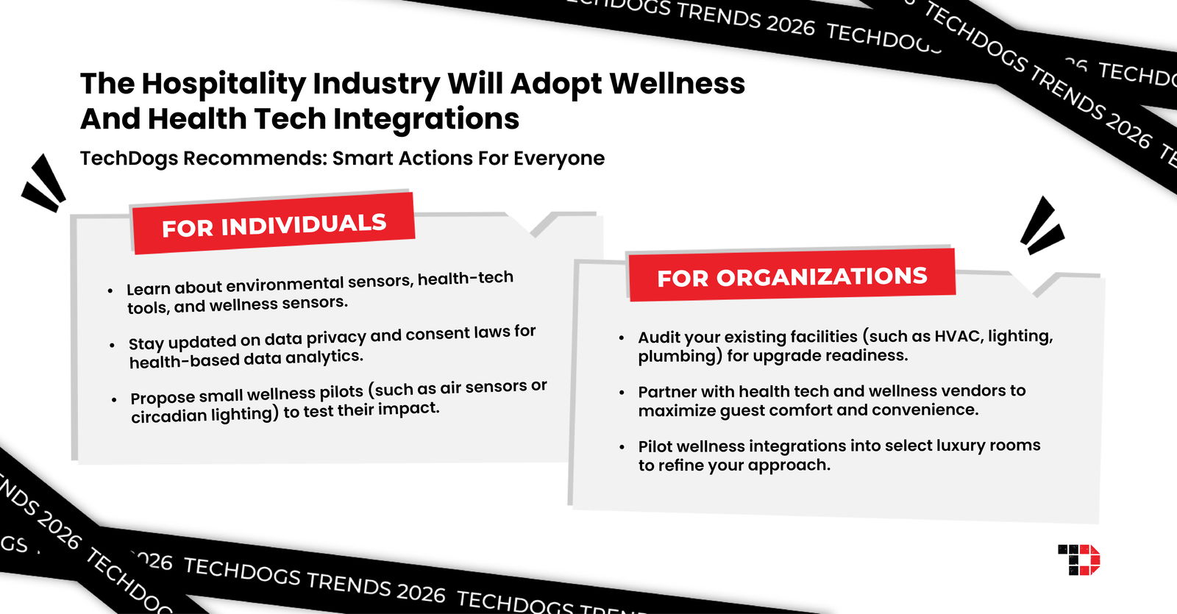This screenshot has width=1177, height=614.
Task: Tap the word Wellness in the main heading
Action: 677,83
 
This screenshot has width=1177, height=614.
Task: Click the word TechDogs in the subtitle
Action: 129,158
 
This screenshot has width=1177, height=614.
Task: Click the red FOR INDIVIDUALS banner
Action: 273,224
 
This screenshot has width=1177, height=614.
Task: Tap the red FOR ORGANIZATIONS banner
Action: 792,276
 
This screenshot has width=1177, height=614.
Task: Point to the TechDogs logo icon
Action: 1078,560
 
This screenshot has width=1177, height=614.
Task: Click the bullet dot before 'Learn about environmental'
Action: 110,291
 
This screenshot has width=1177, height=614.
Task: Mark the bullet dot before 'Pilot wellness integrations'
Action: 622,447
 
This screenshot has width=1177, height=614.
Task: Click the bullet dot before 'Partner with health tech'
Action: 622,393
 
